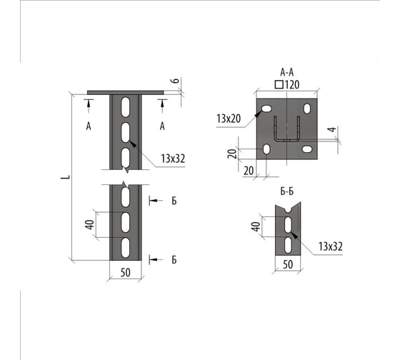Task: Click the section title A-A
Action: click(x=287, y=72)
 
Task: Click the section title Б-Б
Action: click(x=287, y=191)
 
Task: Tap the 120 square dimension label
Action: click(x=287, y=85)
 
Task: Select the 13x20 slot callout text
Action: click(x=229, y=119)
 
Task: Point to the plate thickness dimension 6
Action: click(x=176, y=81)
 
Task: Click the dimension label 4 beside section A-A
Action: click(x=332, y=129)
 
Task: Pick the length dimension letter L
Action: click(x=65, y=177)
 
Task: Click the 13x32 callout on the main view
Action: click(x=173, y=159)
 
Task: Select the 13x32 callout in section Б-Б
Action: click(x=330, y=246)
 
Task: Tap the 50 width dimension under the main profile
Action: click(x=125, y=273)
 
